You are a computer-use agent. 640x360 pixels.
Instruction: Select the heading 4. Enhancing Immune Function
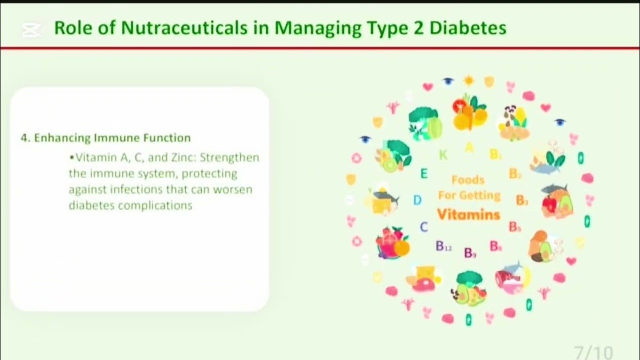point(105,137)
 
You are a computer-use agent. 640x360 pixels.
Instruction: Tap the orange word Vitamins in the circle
point(468,214)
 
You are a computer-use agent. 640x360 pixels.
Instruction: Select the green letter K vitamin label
point(443,155)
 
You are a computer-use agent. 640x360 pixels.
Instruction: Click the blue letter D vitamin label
point(417,200)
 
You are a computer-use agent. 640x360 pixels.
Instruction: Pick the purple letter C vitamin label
point(423,227)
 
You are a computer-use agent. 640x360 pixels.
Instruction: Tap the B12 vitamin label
point(443,246)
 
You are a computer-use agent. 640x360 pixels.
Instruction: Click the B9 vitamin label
point(470,253)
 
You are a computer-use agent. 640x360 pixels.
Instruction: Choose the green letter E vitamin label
point(424,174)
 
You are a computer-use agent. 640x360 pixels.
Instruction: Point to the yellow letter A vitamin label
point(468,147)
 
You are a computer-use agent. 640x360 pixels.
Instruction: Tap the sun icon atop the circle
point(468,80)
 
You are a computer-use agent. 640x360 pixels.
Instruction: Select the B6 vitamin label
point(495,246)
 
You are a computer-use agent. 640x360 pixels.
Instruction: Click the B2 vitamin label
point(515,174)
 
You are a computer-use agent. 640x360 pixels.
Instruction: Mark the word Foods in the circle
point(467,179)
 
